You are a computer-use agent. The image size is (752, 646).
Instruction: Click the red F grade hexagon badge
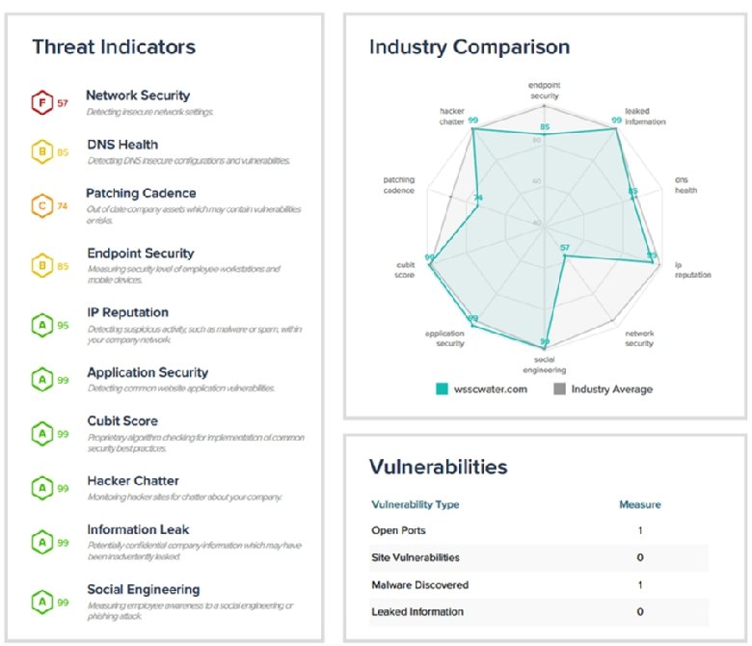click(x=40, y=101)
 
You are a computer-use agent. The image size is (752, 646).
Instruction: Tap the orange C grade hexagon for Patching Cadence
click(x=40, y=205)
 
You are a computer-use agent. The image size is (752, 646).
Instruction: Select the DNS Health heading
click(x=122, y=145)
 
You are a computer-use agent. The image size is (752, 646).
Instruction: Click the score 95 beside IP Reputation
click(x=63, y=325)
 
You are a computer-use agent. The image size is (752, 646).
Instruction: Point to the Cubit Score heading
click(x=122, y=421)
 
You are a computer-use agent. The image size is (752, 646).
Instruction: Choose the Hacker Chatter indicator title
click(x=133, y=481)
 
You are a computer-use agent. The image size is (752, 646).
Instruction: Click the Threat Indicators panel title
click(x=114, y=46)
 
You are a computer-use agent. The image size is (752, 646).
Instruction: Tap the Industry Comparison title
click(x=470, y=46)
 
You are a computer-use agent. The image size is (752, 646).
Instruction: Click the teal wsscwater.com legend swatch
click(x=443, y=390)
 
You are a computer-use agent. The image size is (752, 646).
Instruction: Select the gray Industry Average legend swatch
click(x=560, y=390)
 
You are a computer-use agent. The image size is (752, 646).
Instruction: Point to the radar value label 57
click(x=566, y=248)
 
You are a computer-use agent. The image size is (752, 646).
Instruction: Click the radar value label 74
click(x=478, y=200)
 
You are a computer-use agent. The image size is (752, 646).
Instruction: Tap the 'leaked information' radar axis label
click(x=644, y=117)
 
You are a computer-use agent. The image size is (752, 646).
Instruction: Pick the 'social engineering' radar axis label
click(x=546, y=364)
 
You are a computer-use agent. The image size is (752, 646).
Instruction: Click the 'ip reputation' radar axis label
click(x=692, y=270)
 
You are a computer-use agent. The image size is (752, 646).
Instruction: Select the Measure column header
click(x=639, y=504)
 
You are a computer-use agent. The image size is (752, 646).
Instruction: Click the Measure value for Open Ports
click(x=640, y=530)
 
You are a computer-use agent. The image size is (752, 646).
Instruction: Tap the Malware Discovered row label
click(x=420, y=584)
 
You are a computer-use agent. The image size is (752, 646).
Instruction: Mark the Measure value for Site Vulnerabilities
click(x=640, y=557)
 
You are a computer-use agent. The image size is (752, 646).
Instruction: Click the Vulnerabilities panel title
click(x=439, y=468)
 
